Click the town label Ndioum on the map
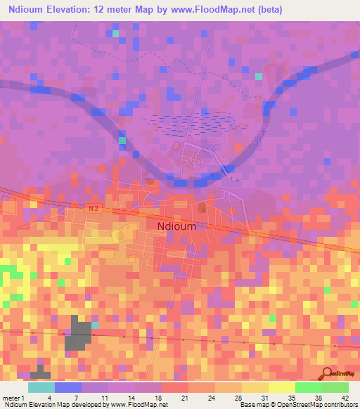point(176,226)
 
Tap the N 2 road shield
point(95,208)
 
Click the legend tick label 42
point(335,377)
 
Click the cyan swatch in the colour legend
point(41,387)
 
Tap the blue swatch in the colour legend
point(68,387)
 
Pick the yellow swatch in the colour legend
point(282,387)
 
